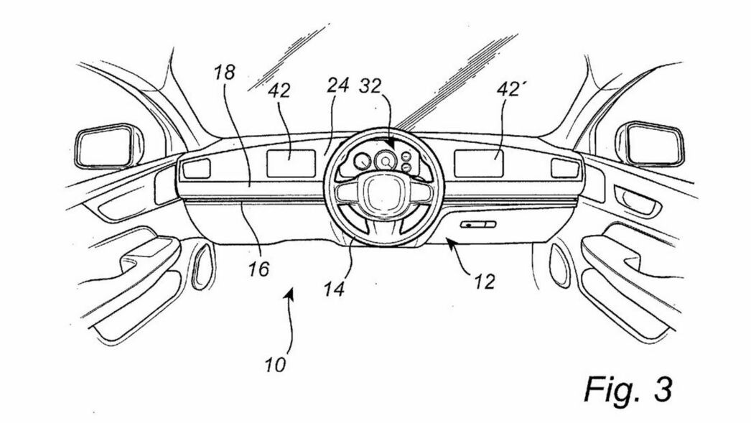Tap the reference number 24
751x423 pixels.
coord(337,86)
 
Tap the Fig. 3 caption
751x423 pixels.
coord(628,389)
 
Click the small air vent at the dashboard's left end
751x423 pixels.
coord(196,169)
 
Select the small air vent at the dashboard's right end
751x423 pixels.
coord(565,168)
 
